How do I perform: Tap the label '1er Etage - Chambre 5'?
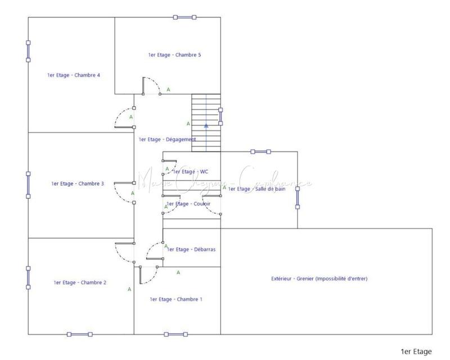tap(175, 55)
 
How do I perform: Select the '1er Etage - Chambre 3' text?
tap(78, 183)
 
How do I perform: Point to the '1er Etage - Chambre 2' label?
tap(80, 282)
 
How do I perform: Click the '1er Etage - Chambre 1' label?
tap(176, 299)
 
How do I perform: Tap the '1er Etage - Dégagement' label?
tap(167, 139)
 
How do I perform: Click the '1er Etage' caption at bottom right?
tap(416, 352)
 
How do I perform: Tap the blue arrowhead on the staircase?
tap(206, 125)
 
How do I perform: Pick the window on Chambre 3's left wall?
tap(28, 184)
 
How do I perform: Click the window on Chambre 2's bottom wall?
tap(79, 335)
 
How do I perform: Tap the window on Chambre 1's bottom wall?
tap(175, 335)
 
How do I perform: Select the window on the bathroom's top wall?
tap(260, 151)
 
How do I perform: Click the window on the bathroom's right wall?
tap(298, 197)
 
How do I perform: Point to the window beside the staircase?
tap(220, 116)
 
